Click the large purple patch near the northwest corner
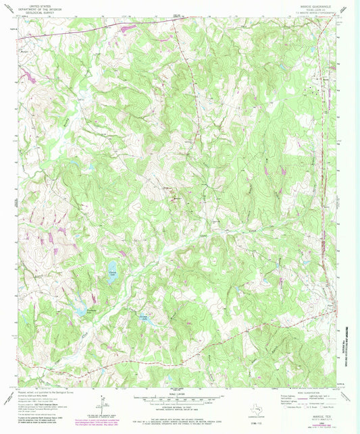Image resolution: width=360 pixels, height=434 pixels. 27,71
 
